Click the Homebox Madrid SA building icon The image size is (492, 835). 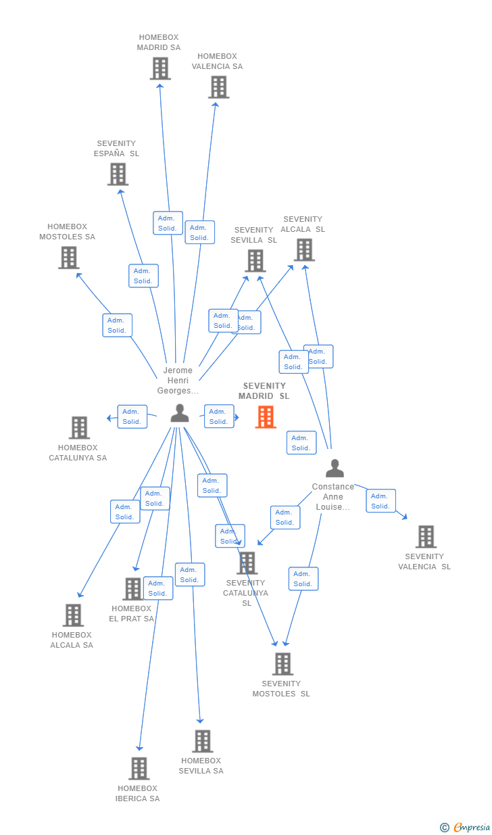pos(160,68)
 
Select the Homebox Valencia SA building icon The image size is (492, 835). pos(218,87)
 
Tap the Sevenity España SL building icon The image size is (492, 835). pos(118,174)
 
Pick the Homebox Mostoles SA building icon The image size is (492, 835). pos(68,258)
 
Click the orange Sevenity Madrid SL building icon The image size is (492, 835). pos(266,417)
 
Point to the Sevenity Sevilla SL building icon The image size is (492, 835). pos(255,260)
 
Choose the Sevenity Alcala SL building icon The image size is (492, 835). pos(304,249)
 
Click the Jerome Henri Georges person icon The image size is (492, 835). pos(180,412)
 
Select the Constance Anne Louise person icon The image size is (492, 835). pos(335,468)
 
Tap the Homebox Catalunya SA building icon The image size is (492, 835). pos(79,427)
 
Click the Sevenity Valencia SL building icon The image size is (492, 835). pos(426,537)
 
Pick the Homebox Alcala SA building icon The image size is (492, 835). pos(73,615)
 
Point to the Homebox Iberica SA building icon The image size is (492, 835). pos(139,769)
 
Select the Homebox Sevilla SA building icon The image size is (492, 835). pos(202,741)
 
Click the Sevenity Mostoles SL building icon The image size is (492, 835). pos(282,664)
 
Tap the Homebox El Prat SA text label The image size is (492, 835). pos(132,614)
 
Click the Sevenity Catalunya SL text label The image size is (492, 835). pos(246,593)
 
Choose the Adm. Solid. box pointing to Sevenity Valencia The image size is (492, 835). pos(380,501)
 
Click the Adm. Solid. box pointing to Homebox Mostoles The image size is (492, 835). pos(117,325)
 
